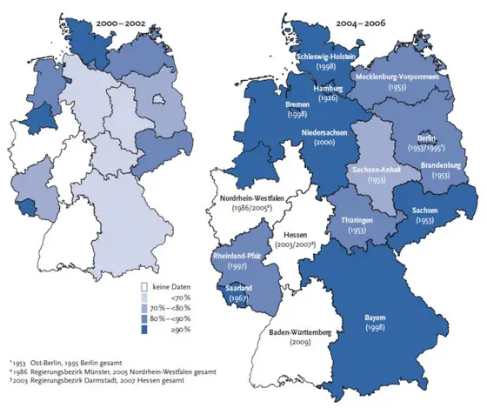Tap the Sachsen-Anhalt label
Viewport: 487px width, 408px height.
363,169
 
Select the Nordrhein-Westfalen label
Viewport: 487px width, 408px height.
247,198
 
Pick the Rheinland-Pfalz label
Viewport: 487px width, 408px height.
239,257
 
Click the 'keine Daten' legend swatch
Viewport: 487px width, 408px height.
147,285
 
